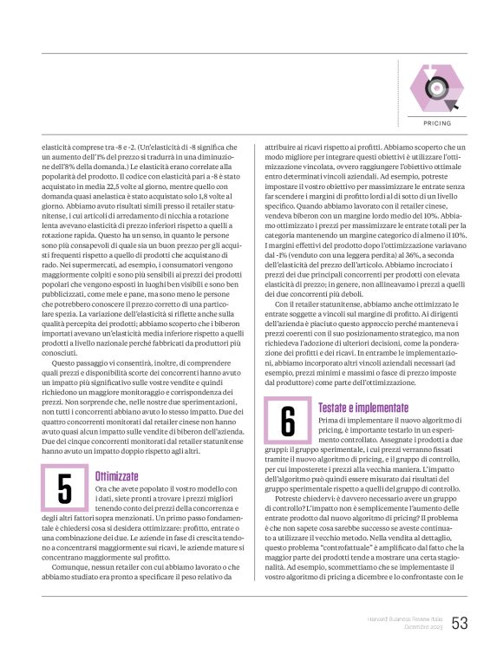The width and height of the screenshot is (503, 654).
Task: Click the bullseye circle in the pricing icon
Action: pyautogui.click(x=434, y=90)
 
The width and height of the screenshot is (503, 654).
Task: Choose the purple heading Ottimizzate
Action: pyautogui.click(x=115, y=476)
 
